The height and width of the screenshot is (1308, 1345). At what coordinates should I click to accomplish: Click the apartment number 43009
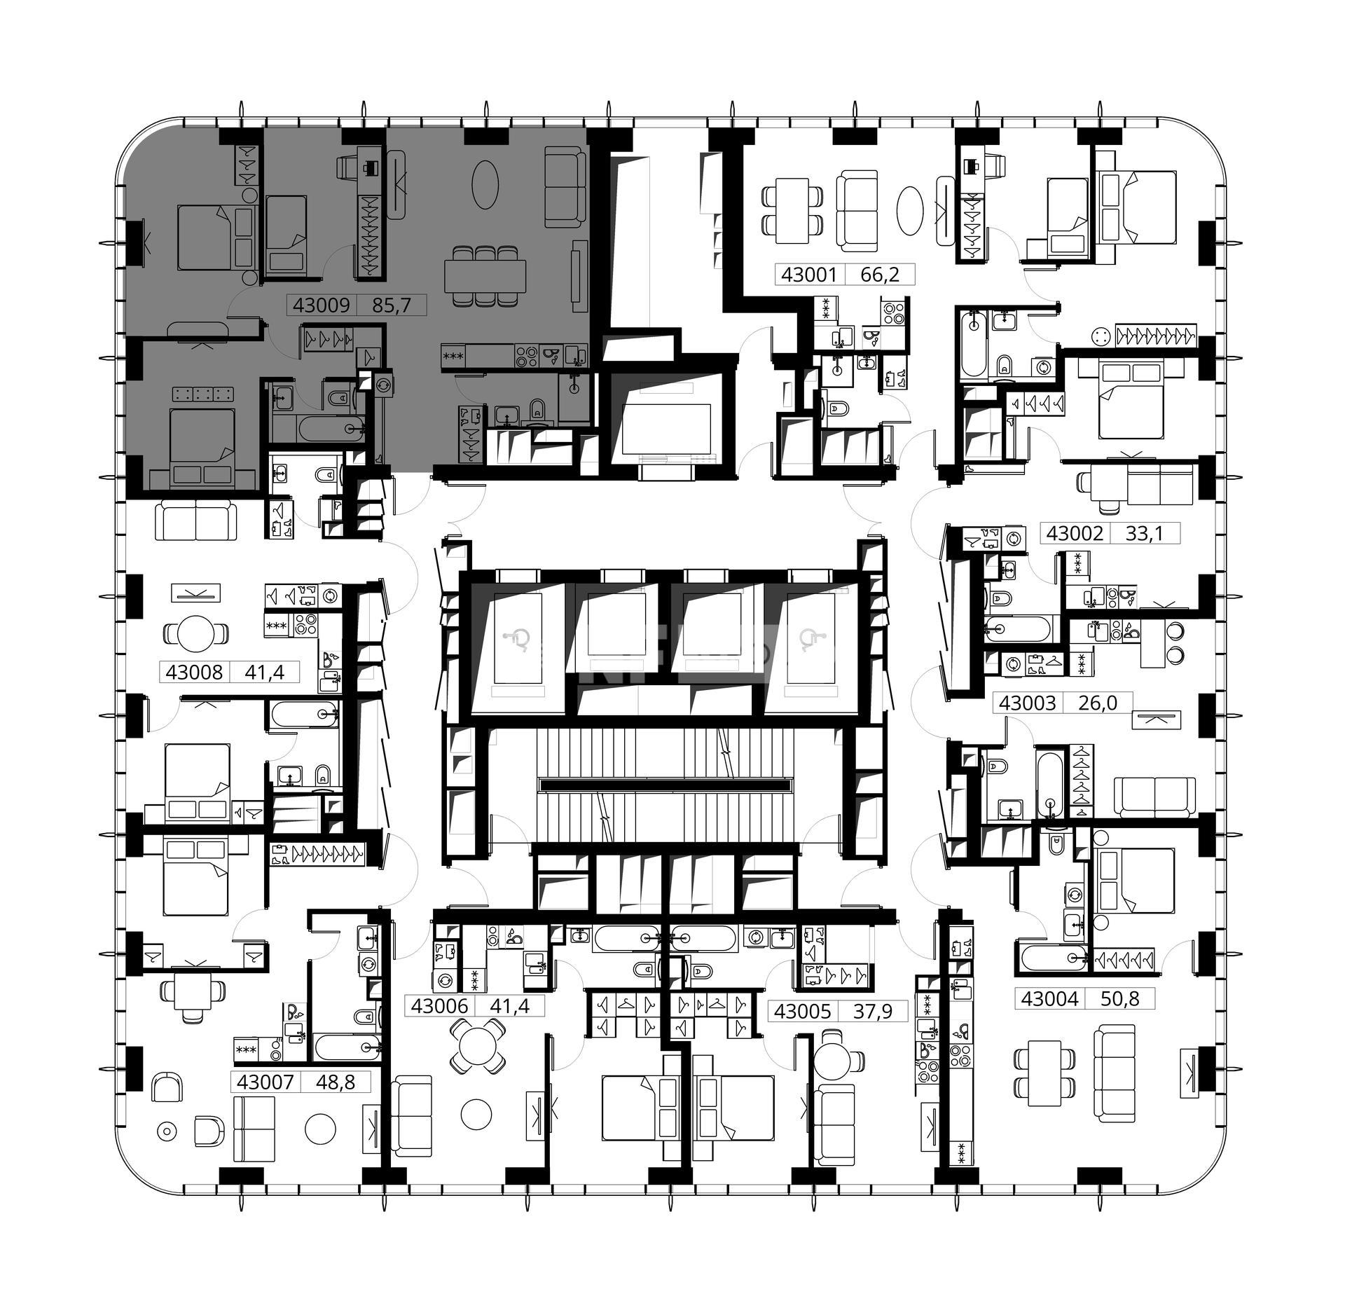click(322, 305)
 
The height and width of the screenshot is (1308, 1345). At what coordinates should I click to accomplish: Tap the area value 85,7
click(391, 305)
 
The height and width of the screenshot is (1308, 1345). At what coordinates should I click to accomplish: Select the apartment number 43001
click(809, 275)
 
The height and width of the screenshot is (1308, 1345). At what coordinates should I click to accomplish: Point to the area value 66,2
click(879, 275)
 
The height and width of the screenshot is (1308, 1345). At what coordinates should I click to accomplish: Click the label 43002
click(1075, 533)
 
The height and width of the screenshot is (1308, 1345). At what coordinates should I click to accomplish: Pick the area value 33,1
click(1144, 534)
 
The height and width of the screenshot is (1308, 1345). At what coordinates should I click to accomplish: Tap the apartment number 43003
click(1027, 703)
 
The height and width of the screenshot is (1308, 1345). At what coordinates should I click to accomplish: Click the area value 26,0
click(1097, 703)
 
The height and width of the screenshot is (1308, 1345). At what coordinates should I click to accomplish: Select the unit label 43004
click(1049, 998)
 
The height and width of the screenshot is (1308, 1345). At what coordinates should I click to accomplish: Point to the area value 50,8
click(1119, 999)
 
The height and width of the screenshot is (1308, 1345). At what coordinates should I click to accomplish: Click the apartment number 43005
click(803, 1011)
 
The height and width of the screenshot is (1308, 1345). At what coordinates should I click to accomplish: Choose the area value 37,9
click(872, 1012)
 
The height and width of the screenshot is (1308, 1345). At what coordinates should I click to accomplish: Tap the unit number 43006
click(439, 1006)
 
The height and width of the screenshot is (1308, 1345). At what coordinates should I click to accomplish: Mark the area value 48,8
click(335, 1082)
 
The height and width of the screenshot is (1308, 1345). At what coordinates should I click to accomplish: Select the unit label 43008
click(194, 673)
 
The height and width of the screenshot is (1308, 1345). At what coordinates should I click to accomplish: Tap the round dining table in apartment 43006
click(476, 1047)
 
